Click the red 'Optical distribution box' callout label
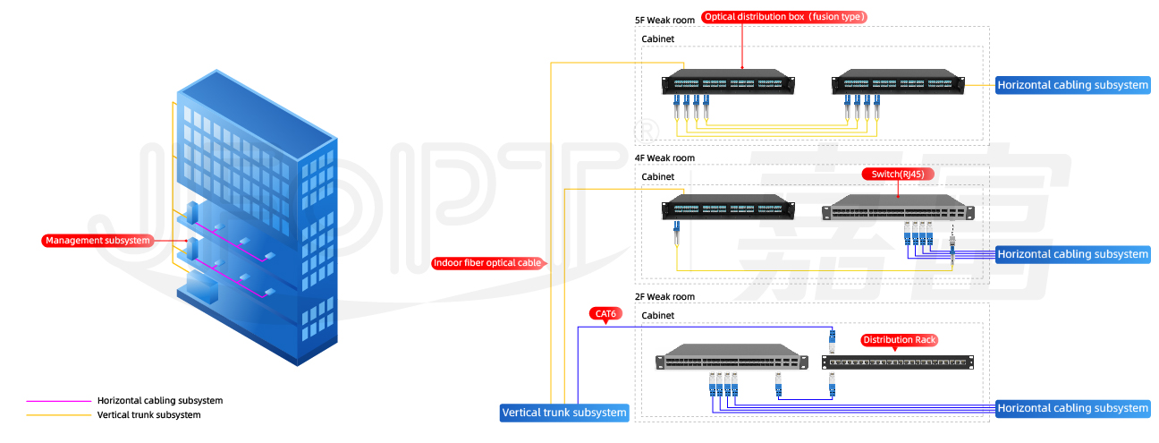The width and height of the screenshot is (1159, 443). (784, 17)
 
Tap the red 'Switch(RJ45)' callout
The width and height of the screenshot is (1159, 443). (898, 175)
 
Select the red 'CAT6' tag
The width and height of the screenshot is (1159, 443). (605, 314)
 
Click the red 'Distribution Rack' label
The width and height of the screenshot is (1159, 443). (900, 340)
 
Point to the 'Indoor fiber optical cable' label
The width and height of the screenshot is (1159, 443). (488, 263)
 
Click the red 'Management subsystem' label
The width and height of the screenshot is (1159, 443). (97, 241)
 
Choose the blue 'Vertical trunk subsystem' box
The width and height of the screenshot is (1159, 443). (564, 413)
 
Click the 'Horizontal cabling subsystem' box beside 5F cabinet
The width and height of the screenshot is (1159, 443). (1072, 85)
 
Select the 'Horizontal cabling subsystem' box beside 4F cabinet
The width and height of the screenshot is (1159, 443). (1072, 255)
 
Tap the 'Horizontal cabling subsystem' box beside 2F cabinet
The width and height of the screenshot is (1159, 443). (1072, 408)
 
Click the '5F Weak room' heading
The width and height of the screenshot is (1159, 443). (664, 21)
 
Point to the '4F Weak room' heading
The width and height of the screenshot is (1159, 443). (664, 158)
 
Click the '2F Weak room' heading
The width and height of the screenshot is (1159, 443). (664, 297)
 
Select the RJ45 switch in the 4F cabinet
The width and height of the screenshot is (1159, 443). (898, 208)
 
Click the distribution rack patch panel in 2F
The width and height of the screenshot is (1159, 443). (898, 362)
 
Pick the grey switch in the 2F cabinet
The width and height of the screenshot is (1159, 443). (732, 357)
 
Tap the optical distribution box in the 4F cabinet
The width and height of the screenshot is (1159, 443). (728, 207)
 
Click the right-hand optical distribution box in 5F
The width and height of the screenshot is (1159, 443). (898, 81)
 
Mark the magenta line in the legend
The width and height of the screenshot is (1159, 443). (58, 401)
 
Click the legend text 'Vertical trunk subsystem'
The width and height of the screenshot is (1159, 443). (149, 415)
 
